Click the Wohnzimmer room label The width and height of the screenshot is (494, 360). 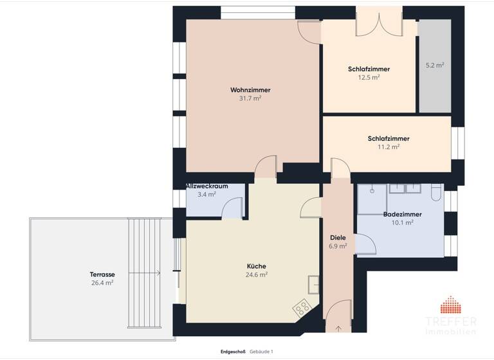tap(250, 89)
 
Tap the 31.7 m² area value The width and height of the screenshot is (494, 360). tap(250, 98)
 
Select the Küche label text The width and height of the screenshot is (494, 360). tap(256, 266)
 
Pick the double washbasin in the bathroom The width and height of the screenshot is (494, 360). tap(405, 188)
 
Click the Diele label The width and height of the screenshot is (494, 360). tap(338, 237)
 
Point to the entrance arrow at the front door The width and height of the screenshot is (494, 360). tap(338, 328)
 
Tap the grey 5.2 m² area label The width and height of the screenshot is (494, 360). tap(435, 65)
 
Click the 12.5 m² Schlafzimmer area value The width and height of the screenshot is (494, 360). tap(369, 77)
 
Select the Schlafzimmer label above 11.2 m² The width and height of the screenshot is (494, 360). tap(389, 138)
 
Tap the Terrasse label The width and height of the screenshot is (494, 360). tap(102, 274)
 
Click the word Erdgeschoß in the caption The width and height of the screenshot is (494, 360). tap(232, 352)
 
